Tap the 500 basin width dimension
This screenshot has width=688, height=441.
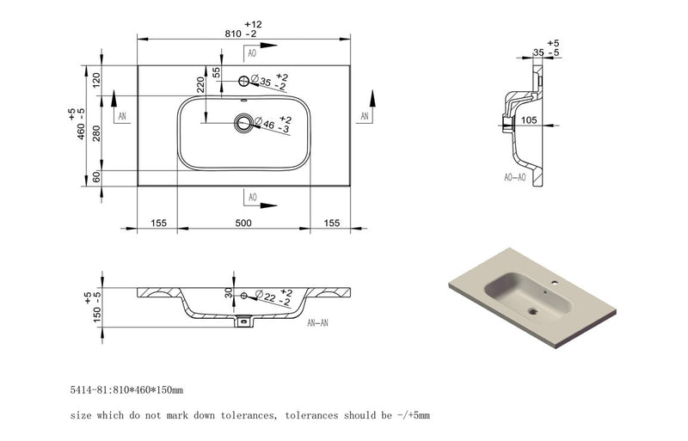point(243,224)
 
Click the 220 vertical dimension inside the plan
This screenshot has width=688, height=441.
point(199,84)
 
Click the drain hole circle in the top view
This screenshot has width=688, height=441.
point(245,123)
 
